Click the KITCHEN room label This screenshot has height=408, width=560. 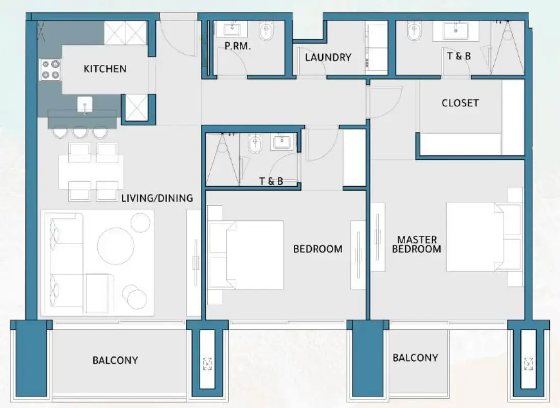click(105, 69)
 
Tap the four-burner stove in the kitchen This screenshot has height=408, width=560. click(50, 70)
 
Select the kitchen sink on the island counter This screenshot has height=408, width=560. click(85, 106)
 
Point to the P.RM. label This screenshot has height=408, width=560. click(236, 46)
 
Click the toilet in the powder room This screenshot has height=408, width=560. click(265, 33)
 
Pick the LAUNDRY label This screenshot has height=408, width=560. click(328, 57)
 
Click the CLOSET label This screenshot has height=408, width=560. click(460, 103)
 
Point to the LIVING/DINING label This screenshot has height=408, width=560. click(157, 198)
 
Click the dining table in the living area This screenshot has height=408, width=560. click(92, 172)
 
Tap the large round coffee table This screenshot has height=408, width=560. click(116, 246)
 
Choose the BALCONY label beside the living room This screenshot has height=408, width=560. click(115, 360)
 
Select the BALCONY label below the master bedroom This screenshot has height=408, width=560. click(415, 358)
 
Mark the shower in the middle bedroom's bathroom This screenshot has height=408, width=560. click(222, 160)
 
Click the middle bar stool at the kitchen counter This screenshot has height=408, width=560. click(79, 132)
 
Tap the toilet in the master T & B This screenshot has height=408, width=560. click(413, 33)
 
